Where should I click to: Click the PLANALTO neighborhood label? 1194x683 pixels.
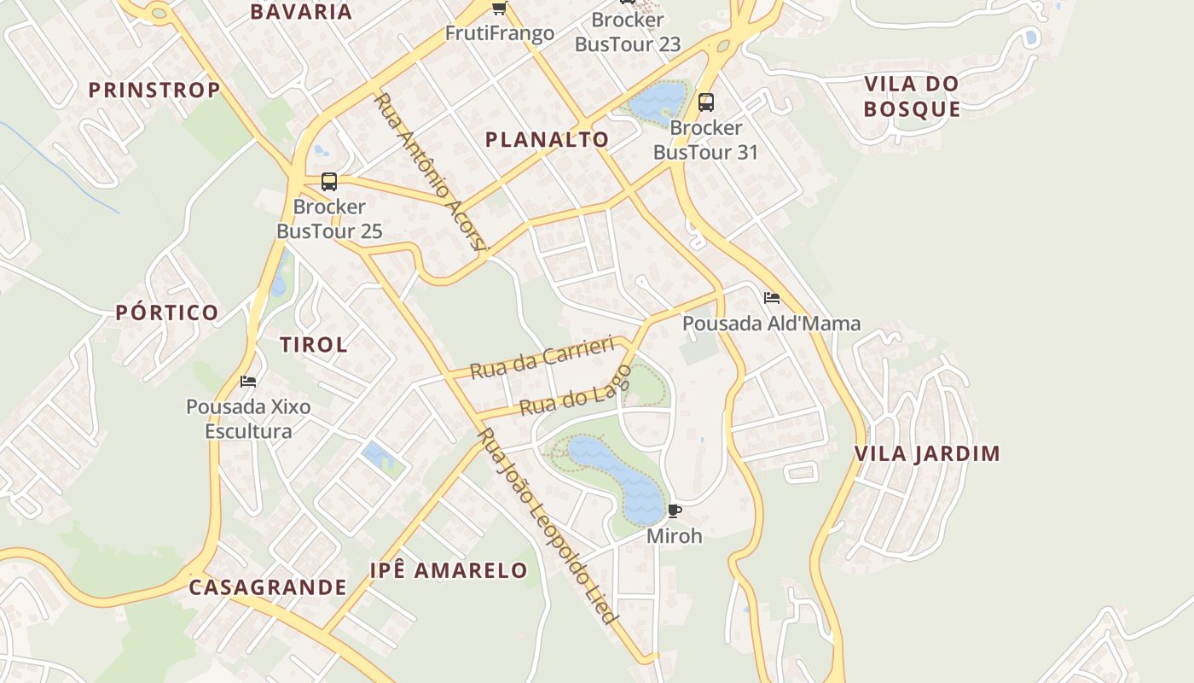[x=547, y=140]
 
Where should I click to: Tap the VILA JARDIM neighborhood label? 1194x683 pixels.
[x=927, y=453]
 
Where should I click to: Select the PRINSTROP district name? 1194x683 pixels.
[x=154, y=90]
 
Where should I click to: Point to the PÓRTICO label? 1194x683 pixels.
[x=167, y=312]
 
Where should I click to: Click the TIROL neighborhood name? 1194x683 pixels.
[x=314, y=345]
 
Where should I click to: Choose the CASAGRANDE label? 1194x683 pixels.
[x=267, y=587]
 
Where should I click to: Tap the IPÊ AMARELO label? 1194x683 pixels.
[x=449, y=570]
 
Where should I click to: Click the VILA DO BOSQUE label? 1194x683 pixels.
[x=912, y=96]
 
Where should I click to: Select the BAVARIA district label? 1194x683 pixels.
[x=301, y=12]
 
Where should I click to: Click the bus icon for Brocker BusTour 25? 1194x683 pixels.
[x=329, y=182]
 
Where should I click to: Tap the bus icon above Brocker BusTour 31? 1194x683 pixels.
[x=706, y=102]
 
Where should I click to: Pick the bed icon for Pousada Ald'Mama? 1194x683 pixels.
[x=772, y=298]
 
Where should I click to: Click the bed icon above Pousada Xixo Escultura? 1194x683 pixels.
[x=248, y=381]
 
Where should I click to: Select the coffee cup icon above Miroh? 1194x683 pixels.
[x=675, y=511]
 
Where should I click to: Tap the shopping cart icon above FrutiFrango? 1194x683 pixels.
[x=499, y=9]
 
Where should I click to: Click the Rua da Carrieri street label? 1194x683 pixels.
[x=542, y=359]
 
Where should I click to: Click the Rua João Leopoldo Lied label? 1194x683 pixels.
[x=546, y=526]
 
